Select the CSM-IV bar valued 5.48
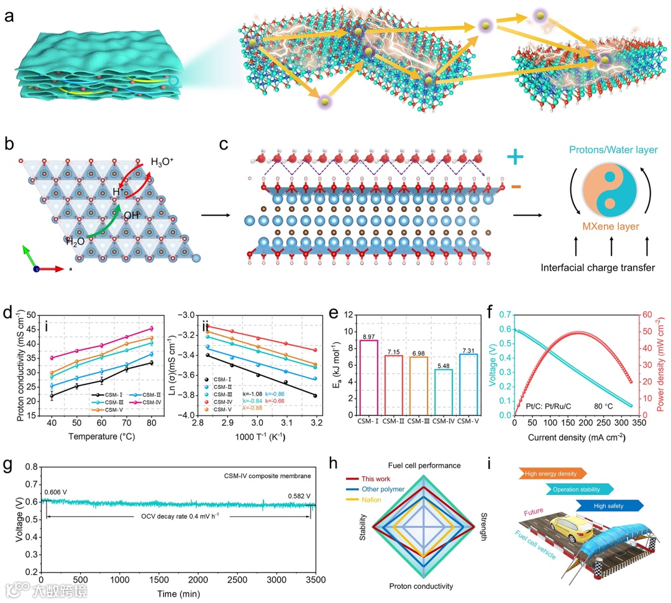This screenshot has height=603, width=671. (443, 392)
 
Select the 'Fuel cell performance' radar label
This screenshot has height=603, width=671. (424, 465)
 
